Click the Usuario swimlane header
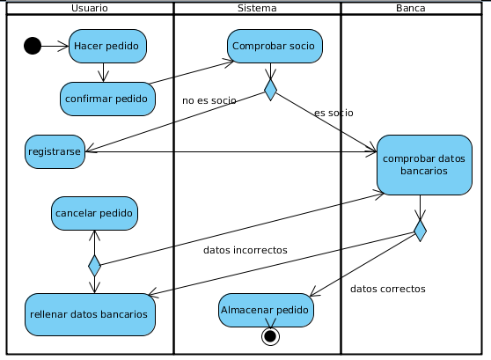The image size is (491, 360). click(x=90, y=8)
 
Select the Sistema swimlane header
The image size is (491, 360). click(x=257, y=8)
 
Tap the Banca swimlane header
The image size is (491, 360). click(x=411, y=8)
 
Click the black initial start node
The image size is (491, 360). click(x=33, y=46)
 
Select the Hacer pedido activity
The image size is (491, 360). click(x=107, y=46)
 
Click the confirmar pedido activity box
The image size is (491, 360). click(x=107, y=99)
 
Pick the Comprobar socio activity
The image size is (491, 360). click(x=275, y=46)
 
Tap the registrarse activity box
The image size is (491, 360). click(x=55, y=151)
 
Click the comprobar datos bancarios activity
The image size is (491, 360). click(x=424, y=165)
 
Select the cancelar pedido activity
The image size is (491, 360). click(x=94, y=213)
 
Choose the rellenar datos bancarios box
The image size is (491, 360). click(x=90, y=314)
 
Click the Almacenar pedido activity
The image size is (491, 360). click(x=266, y=310)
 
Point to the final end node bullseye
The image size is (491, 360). click(x=270, y=336)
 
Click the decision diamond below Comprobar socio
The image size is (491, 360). click(x=270, y=90)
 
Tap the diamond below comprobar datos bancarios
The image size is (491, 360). click(x=420, y=231)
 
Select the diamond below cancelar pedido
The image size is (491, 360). click(x=94, y=266)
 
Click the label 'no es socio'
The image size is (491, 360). click(x=209, y=100)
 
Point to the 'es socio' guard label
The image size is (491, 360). click(x=333, y=113)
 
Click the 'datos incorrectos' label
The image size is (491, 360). click(x=245, y=250)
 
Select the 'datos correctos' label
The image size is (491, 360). click(x=388, y=289)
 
